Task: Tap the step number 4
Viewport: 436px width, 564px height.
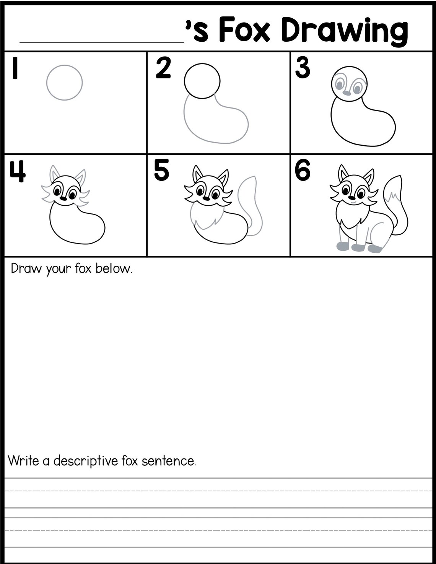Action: [17, 171]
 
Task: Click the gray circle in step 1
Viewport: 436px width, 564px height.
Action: [65, 83]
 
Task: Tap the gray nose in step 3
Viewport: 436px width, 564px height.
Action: [347, 93]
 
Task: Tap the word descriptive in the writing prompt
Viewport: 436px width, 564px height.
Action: [86, 461]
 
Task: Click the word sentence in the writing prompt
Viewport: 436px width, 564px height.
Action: [168, 461]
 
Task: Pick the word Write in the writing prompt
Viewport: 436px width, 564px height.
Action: [23, 460]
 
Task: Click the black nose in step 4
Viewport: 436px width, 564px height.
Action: [63, 198]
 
